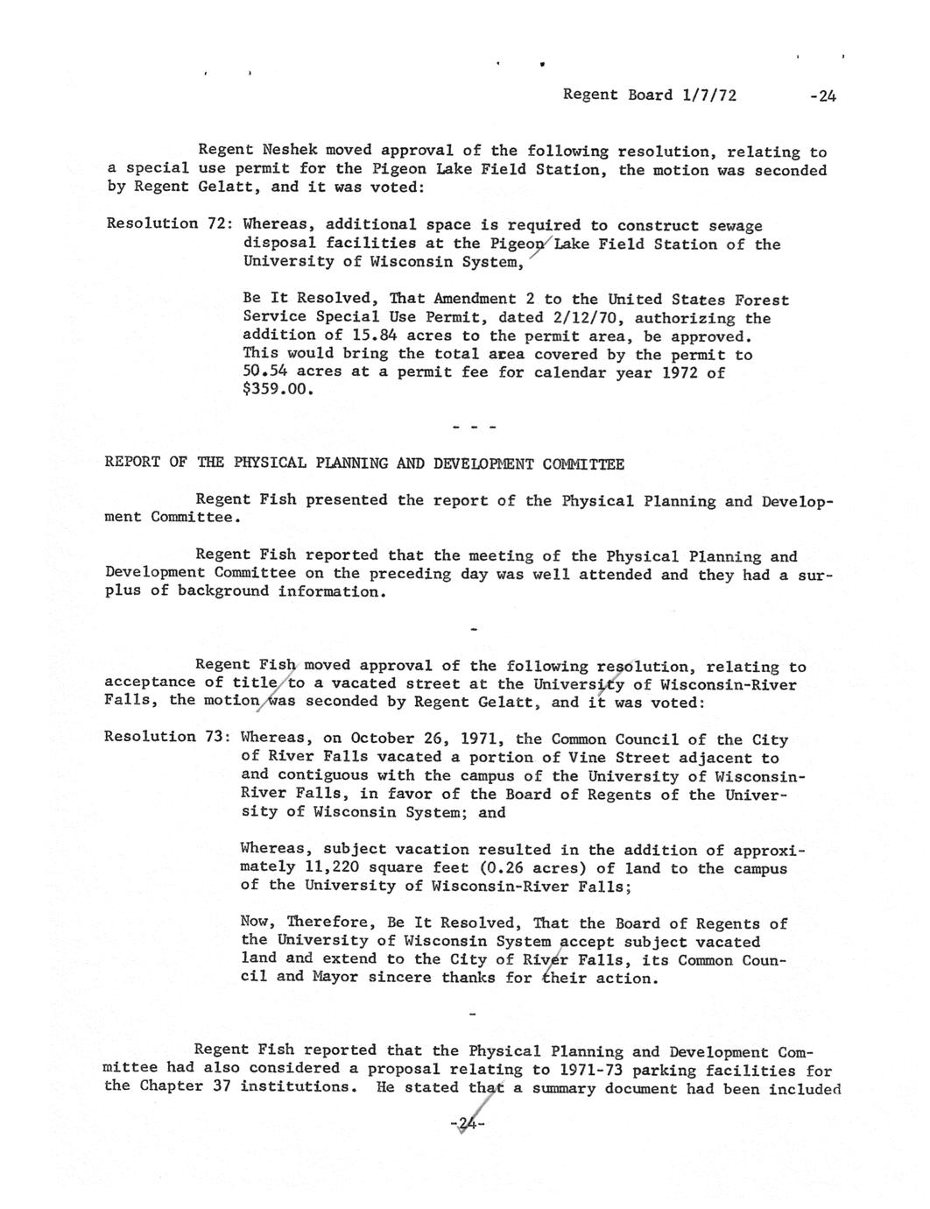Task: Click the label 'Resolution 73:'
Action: coord(167,736)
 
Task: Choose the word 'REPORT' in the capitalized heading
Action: coord(132,463)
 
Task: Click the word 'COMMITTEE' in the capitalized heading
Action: coord(583,463)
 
